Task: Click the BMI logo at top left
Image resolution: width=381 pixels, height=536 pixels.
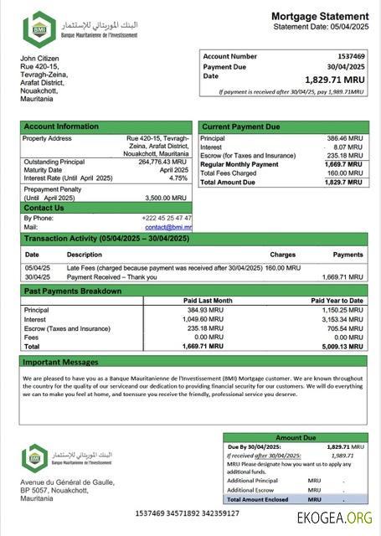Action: [39, 29]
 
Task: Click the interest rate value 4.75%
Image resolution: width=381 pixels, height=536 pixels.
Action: [178, 178]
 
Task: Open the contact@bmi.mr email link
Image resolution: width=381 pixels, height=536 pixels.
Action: [168, 227]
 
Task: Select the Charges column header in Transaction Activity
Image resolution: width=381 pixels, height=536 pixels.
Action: [282, 254]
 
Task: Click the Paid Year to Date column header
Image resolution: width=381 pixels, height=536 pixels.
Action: [337, 300]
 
